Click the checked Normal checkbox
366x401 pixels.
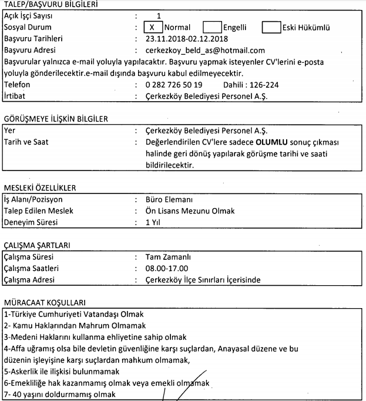pos(152,28)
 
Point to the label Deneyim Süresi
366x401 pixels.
pos(29,222)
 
